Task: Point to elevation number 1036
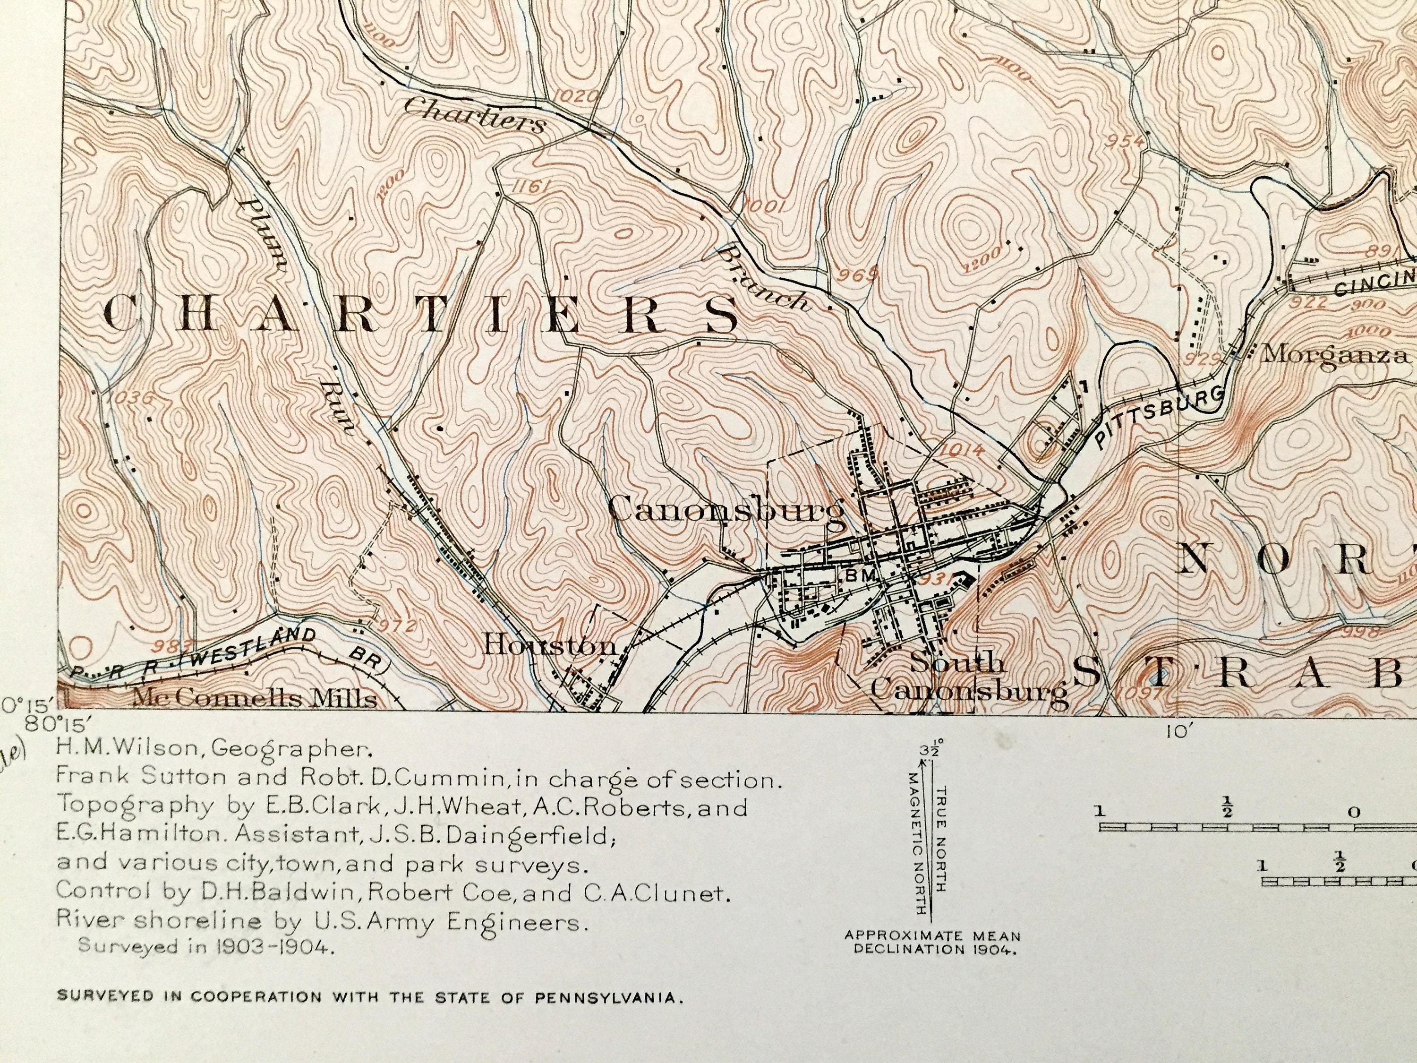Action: click(131, 398)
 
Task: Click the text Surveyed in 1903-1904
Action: click(205, 946)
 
